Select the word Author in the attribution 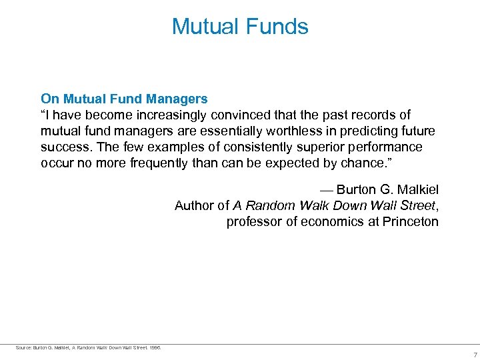pos(194,205)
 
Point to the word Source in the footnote pos(23,347)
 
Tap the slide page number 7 pos(475,355)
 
